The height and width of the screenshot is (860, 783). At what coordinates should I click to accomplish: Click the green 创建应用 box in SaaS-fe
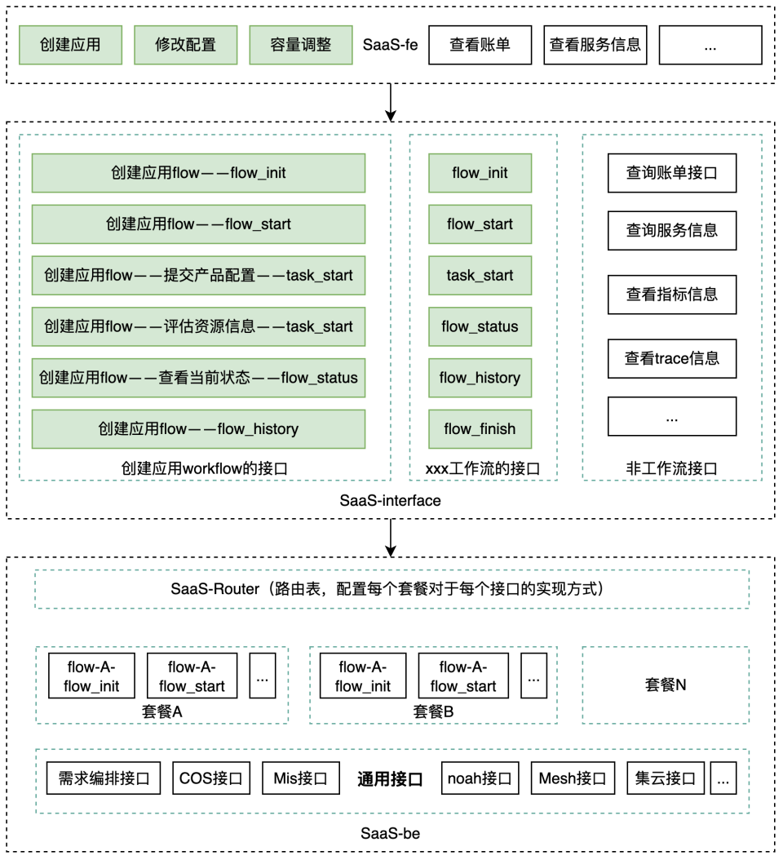[x=70, y=45]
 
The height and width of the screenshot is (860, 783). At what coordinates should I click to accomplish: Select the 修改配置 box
[x=185, y=45]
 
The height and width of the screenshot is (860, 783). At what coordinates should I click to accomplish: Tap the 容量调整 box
[x=301, y=45]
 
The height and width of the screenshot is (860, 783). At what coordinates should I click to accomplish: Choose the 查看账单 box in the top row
[x=480, y=45]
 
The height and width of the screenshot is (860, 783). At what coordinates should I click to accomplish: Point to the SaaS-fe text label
[x=390, y=45]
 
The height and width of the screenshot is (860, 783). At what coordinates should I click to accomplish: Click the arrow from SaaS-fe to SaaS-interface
[x=391, y=102]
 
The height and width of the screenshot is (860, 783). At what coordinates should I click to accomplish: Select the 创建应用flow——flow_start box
[x=198, y=224]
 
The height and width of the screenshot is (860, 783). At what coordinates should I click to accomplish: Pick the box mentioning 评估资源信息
[x=198, y=326]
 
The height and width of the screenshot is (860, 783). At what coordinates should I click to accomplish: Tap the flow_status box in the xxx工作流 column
[x=480, y=326]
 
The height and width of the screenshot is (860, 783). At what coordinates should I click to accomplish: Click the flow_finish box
[x=480, y=429]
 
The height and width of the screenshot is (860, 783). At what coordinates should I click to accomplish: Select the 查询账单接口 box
[x=672, y=173]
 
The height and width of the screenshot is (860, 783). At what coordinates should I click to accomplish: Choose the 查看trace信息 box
[x=672, y=358]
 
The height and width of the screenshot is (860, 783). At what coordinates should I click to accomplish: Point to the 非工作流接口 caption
[x=671, y=468]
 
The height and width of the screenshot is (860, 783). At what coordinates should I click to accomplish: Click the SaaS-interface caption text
[x=390, y=500]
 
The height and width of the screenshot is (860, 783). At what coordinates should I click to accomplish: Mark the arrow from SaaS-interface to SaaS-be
[x=391, y=538]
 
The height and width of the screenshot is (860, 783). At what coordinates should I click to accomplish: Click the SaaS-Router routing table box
[x=391, y=589]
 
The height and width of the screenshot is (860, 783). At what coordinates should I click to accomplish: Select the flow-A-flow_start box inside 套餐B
[x=462, y=676]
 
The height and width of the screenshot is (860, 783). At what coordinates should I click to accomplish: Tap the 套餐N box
[x=665, y=685]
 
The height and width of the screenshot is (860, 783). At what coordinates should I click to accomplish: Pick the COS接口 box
[x=211, y=778]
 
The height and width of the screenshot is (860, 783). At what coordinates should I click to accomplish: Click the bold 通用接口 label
[x=390, y=779]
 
